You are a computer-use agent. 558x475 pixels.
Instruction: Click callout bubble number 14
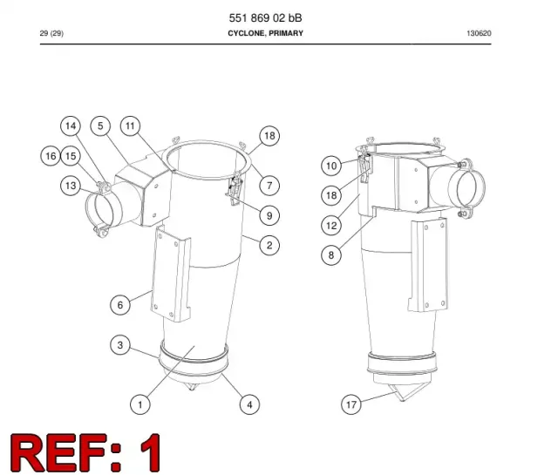click(71, 126)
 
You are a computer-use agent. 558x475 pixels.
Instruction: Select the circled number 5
click(100, 126)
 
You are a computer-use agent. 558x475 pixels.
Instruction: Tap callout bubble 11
click(130, 126)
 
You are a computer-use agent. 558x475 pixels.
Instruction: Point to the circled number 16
click(51, 156)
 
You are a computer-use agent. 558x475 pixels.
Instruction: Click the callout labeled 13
click(71, 186)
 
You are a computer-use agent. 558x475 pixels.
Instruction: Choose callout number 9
click(269, 215)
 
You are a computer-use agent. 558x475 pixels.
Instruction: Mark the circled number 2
click(269, 245)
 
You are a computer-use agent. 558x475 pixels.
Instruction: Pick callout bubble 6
click(120, 305)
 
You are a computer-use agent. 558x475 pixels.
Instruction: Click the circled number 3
click(120, 345)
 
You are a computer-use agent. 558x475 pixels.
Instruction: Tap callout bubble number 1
click(140, 404)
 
